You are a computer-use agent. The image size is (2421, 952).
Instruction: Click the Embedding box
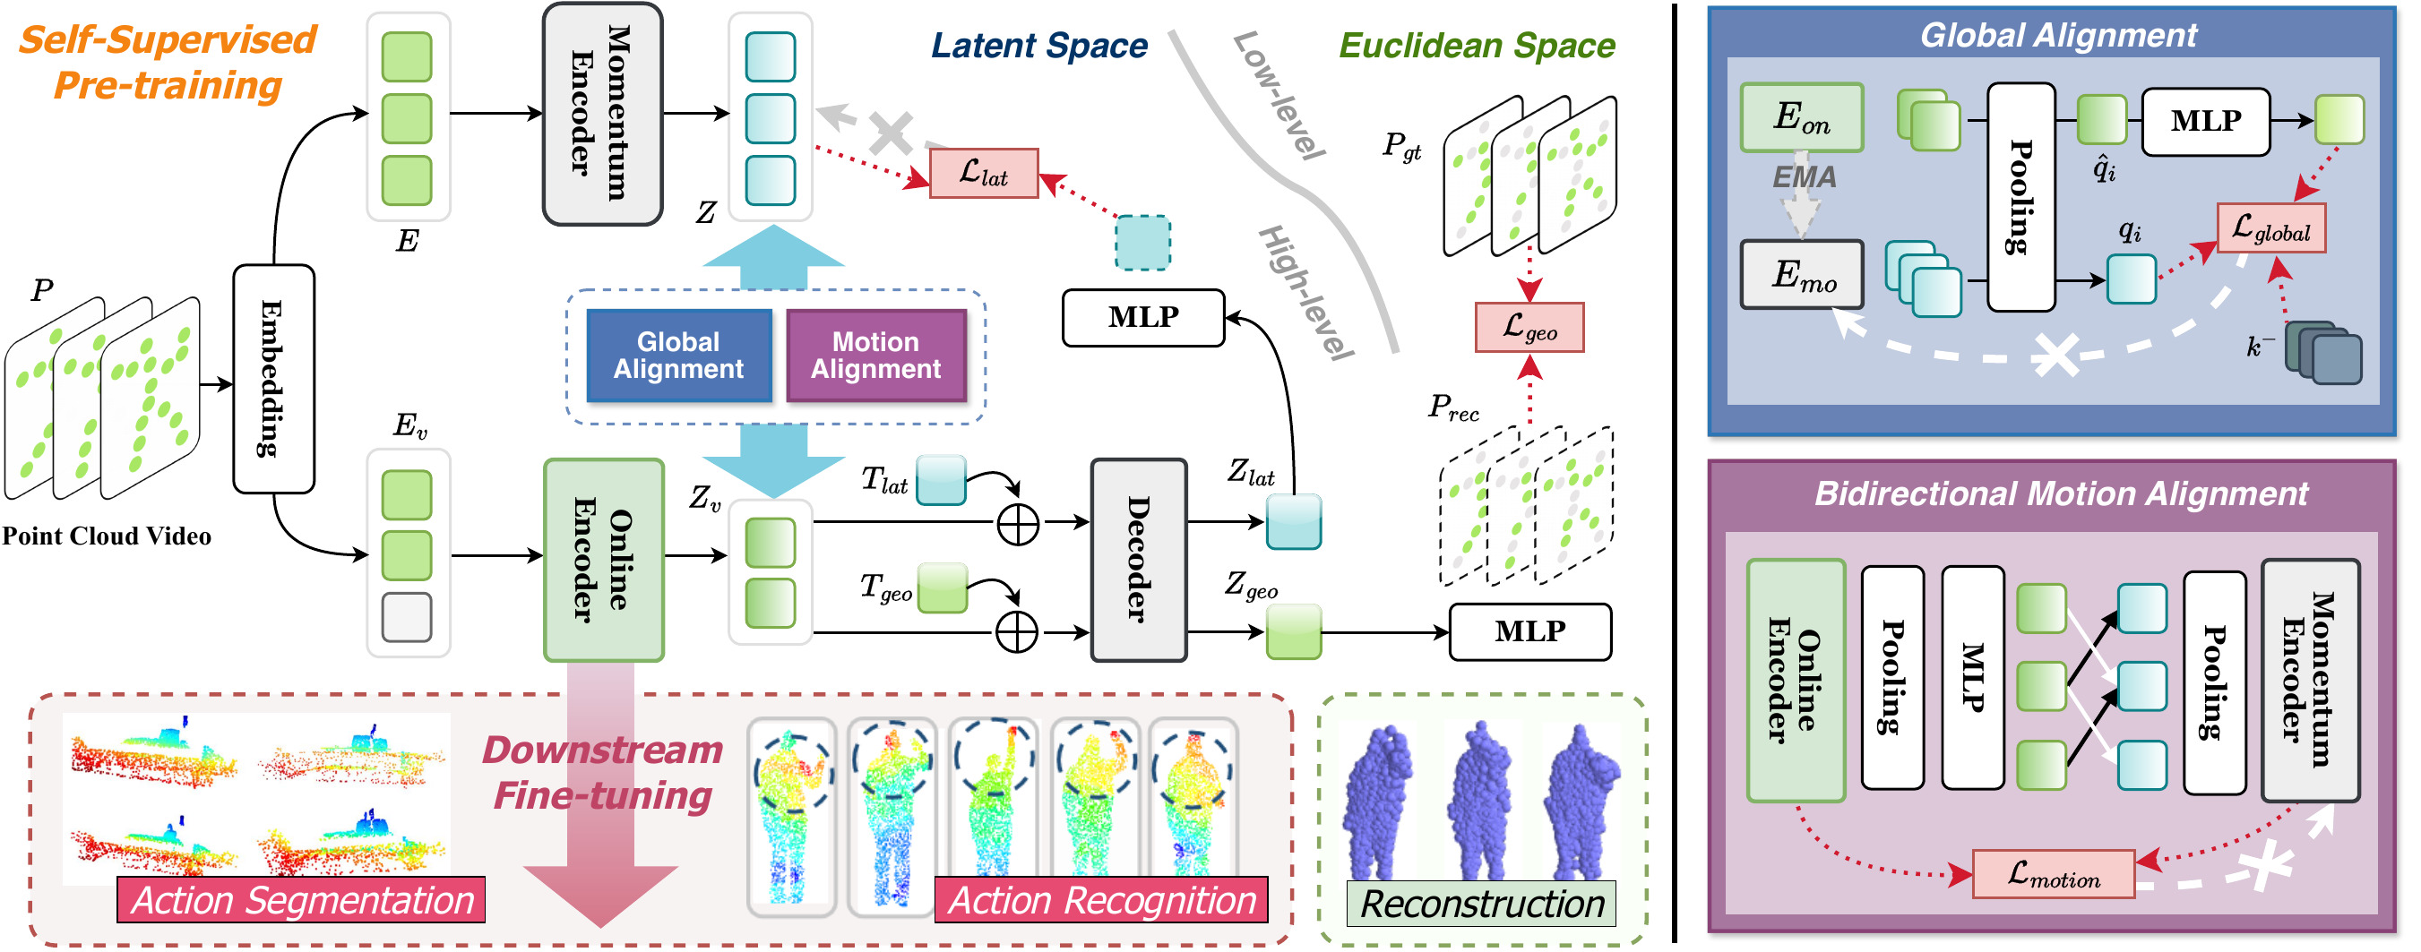[272, 378]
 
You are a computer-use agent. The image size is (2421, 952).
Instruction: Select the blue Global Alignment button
[677, 356]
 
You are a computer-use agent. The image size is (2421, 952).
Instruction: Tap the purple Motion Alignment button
[875, 356]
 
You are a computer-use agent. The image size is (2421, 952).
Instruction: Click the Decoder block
[1137, 559]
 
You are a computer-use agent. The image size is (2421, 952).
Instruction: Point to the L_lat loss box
[983, 173]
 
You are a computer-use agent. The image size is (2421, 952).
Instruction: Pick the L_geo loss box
[1529, 327]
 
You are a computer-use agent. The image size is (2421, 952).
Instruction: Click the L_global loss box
[2270, 228]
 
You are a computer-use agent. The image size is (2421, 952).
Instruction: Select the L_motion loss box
[2053, 875]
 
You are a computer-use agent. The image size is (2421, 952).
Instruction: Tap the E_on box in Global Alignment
[1801, 117]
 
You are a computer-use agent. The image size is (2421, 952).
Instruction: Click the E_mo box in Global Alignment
[1801, 274]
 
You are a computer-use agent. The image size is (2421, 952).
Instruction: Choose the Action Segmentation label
[301, 899]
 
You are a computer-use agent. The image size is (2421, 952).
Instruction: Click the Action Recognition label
[1100, 899]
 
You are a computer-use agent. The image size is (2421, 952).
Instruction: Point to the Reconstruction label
[1481, 903]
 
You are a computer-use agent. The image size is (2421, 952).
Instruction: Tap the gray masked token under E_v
[407, 617]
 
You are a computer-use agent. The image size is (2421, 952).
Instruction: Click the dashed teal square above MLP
[1142, 243]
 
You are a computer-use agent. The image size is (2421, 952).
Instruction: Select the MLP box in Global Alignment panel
[2205, 121]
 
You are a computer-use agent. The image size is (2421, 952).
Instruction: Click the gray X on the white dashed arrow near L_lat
[889, 133]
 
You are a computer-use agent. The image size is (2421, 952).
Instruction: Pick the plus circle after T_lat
[1017, 525]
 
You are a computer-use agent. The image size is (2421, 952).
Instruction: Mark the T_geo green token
[942, 588]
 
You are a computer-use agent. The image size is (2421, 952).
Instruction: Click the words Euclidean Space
[1476, 45]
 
